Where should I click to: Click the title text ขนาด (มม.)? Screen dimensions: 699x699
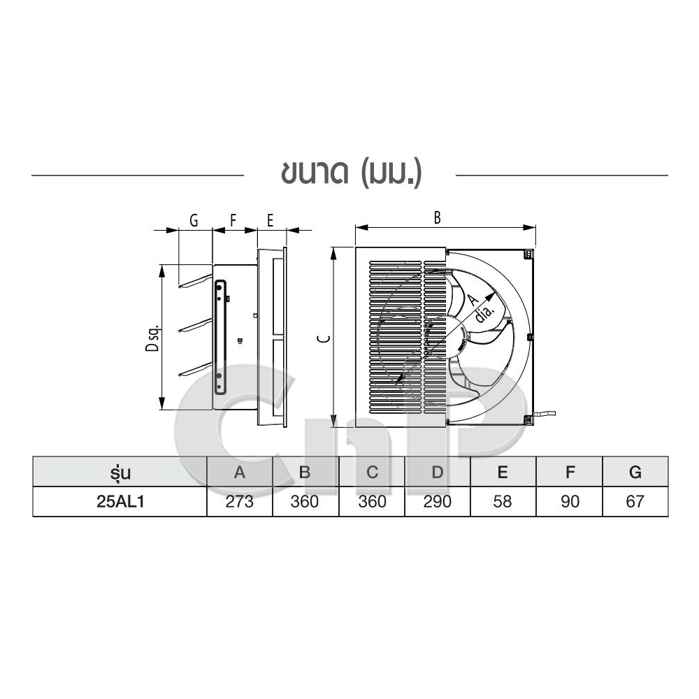(x=352, y=174)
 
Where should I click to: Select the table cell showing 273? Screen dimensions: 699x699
(x=239, y=501)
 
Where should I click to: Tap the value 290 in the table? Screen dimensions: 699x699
(x=438, y=501)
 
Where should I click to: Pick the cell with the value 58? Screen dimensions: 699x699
(x=503, y=501)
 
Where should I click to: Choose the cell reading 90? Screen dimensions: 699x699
(x=569, y=501)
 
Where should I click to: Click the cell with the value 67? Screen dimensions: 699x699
(x=635, y=501)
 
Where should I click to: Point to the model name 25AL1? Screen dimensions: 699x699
(x=120, y=501)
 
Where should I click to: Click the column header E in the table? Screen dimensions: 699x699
(x=503, y=472)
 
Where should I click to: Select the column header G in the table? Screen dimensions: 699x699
(x=635, y=472)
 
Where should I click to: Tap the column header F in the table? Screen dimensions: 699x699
(x=569, y=472)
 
